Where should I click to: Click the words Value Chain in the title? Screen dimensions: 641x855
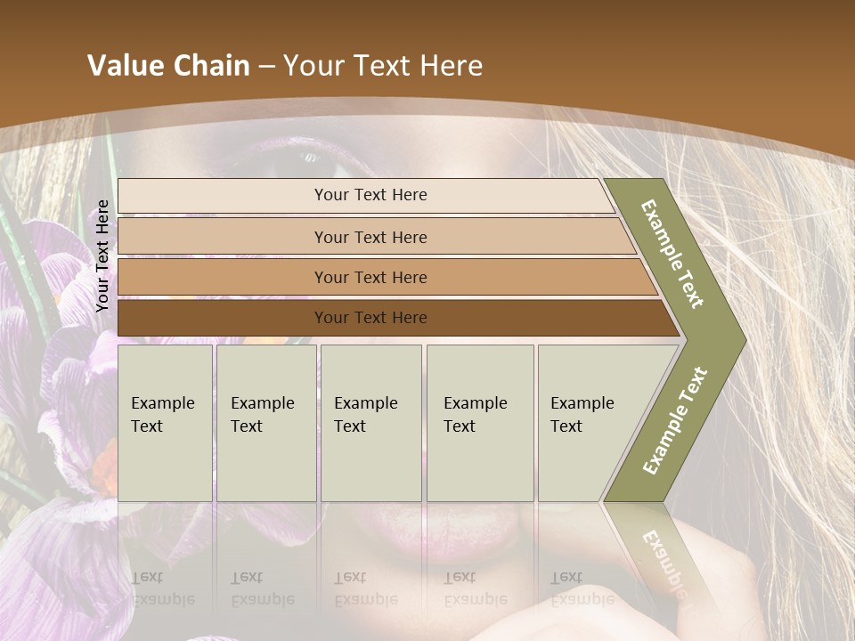tap(168, 66)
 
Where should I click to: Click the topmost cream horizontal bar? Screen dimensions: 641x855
tap(223, 196)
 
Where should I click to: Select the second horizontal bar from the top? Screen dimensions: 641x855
tap(223, 237)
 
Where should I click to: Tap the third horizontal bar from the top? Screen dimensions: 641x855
tap(223, 277)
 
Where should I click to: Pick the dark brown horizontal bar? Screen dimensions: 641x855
tap(223, 318)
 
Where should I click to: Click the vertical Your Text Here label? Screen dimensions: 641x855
tap(102, 256)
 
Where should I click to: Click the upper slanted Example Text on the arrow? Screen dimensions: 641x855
tap(672, 254)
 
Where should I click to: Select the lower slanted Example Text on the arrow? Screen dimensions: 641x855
tap(675, 420)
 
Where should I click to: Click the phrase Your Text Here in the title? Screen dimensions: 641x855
tap(383, 66)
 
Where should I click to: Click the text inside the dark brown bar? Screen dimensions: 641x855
tap(370, 318)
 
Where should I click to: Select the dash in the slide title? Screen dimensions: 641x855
tap(266, 66)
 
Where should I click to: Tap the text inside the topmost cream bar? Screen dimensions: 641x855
tap(370, 195)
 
